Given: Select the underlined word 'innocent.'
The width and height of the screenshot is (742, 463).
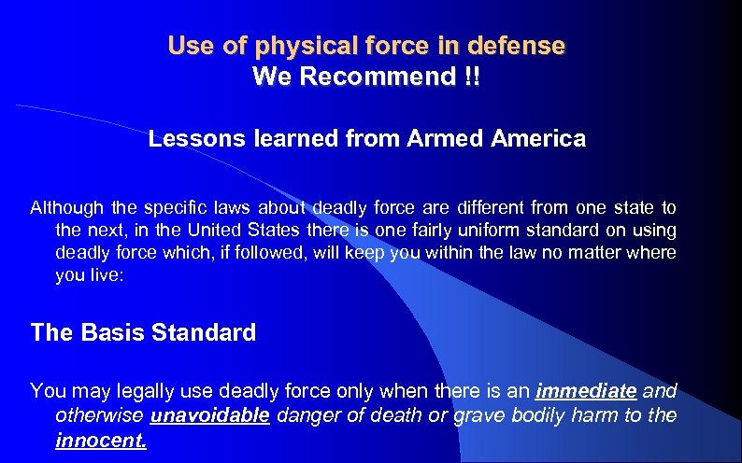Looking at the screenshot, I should [x=101, y=438].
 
